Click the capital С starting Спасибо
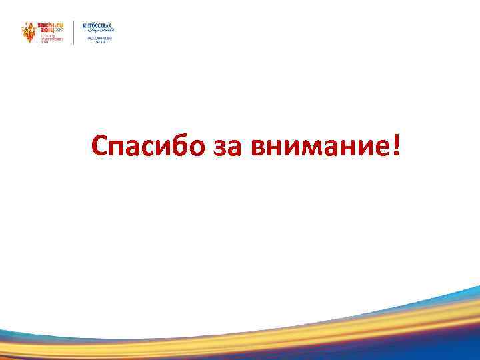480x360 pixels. [x=99, y=146]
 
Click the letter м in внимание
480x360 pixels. [x=313, y=148]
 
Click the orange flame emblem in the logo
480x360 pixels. [x=29, y=32]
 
